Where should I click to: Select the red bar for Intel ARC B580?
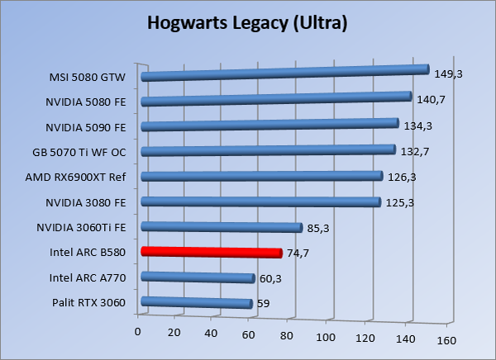tap(212, 252)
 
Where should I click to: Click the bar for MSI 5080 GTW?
tap(285, 73)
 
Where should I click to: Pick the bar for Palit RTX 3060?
tap(197, 303)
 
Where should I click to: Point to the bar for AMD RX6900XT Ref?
tap(262, 176)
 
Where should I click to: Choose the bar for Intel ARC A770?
tap(198, 278)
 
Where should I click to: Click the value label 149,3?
tap(447, 74)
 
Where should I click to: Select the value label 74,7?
tap(299, 254)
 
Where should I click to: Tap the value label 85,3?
tap(319, 229)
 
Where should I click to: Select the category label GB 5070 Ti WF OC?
tap(79, 152)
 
